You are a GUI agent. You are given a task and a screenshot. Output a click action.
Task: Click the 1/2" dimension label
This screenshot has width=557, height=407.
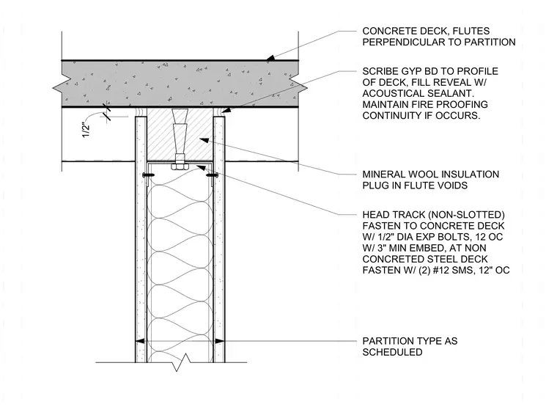tap(86, 130)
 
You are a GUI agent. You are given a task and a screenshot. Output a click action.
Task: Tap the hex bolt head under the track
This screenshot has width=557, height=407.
tap(179, 166)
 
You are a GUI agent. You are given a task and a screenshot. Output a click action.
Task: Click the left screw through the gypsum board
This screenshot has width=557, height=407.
tap(149, 175)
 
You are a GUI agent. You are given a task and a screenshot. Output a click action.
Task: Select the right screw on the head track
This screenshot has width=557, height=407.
tap(212, 175)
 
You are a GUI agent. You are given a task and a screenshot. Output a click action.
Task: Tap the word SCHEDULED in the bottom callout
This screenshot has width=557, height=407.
tap(392, 352)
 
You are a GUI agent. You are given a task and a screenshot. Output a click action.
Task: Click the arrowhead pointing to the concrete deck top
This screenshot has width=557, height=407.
tap(270, 58)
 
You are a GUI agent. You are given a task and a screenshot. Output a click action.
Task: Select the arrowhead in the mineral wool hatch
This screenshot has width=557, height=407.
tap(204, 139)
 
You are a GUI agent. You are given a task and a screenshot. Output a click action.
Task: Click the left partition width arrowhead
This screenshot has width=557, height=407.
tap(140, 341)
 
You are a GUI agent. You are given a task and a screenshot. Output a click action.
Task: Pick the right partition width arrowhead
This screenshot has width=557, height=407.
tap(220, 341)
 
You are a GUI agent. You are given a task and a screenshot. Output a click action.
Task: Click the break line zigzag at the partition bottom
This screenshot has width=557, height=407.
tap(180, 362)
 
